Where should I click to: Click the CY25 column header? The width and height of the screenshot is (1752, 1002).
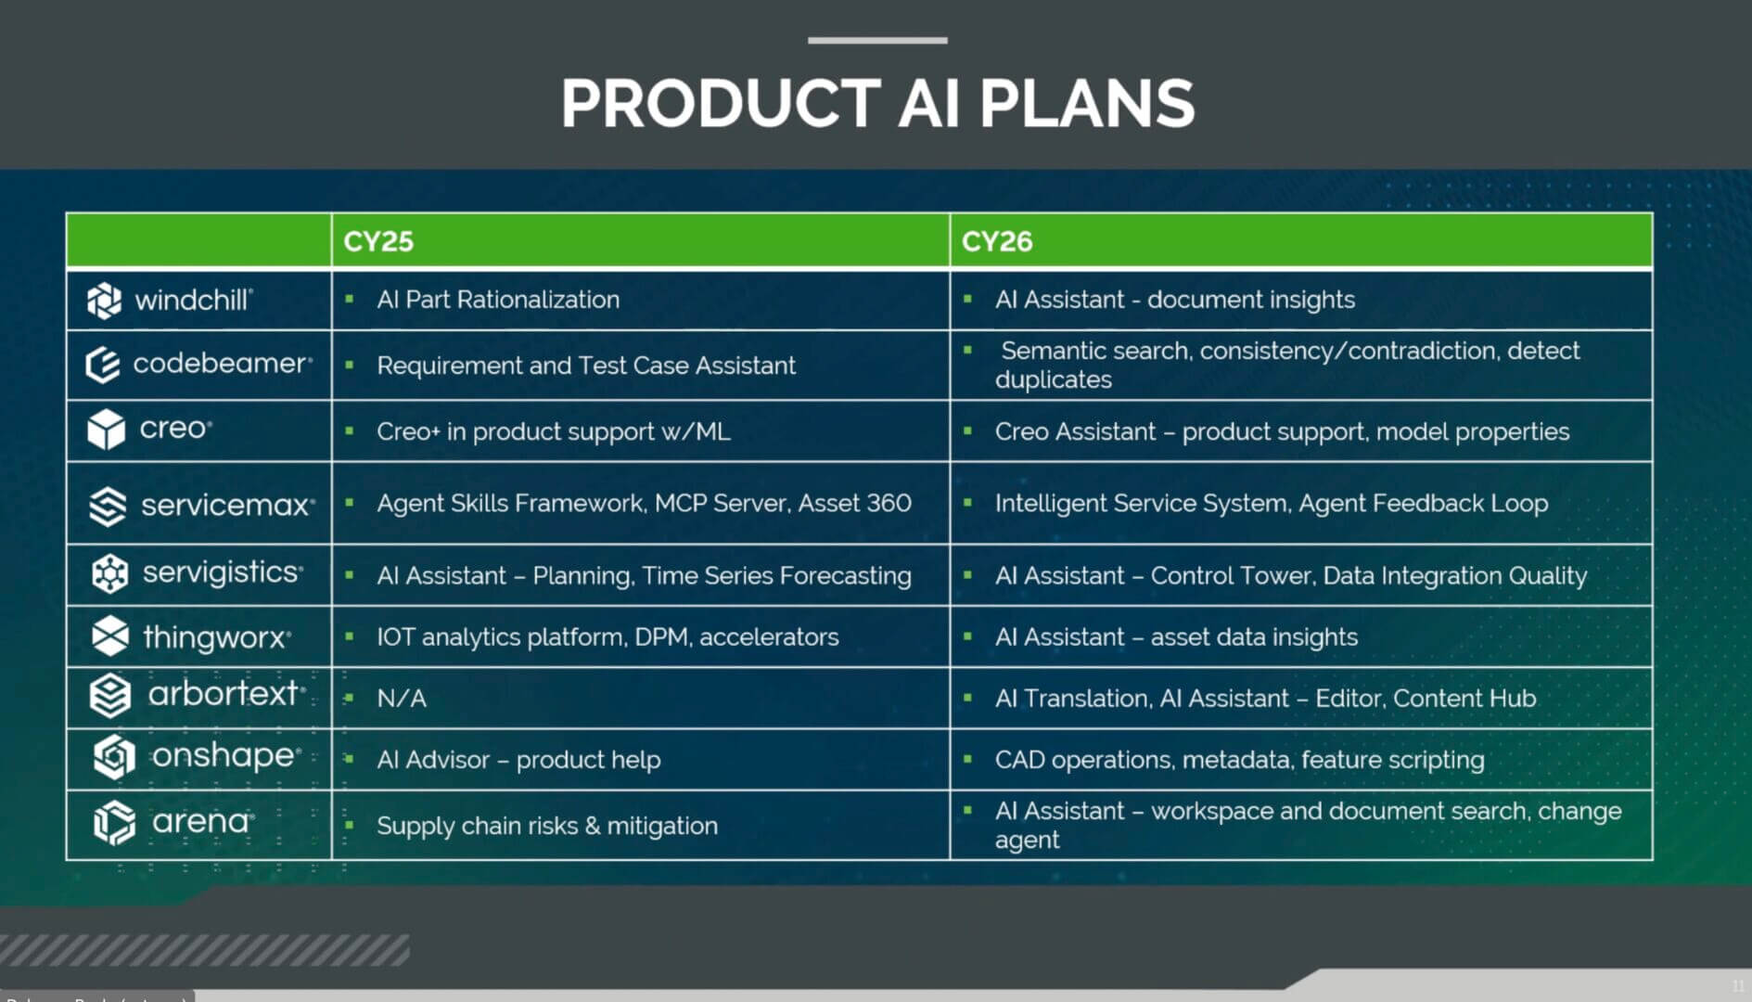378,241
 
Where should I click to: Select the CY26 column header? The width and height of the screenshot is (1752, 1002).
997,241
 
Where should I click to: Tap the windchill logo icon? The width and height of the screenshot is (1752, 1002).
104,301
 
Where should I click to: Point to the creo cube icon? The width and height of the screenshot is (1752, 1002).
106,430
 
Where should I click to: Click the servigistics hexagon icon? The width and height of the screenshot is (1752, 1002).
110,573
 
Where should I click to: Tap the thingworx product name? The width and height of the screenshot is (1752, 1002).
216,637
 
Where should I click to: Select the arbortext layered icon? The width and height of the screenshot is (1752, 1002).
110,696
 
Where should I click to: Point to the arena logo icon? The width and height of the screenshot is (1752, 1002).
114,823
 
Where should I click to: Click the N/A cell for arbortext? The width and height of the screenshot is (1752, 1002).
402,699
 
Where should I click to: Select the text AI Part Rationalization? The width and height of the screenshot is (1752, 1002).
498,300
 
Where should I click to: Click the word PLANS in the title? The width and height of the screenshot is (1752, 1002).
1087,103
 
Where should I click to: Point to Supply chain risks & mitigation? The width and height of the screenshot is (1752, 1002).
547,826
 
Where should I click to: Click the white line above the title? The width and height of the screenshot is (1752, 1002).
877,40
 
